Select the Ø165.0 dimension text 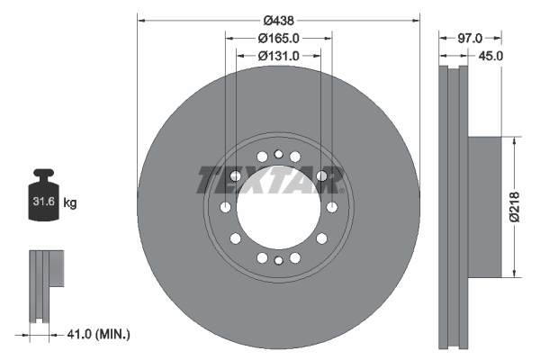[278, 38]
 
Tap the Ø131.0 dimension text [278, 56]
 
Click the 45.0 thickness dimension [490, 56]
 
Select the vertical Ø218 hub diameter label [513, 206]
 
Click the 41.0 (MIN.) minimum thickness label [99, 334]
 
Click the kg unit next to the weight [69, 203]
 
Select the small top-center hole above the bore [278, 154]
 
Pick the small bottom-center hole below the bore [278, 260]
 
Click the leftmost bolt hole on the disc [224, 208]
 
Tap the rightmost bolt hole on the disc [333, 208]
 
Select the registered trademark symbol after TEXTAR [341, 189]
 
